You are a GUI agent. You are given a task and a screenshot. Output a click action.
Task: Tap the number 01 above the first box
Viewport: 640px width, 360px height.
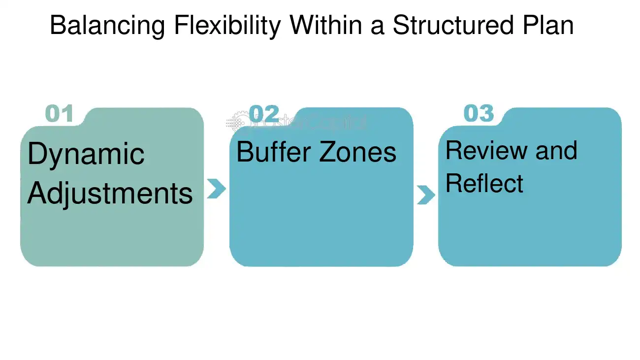point(59,114)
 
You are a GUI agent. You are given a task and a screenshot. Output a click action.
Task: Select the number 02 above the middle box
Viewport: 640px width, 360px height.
point(264,114)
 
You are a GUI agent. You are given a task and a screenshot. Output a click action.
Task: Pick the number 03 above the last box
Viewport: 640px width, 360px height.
point(479,114)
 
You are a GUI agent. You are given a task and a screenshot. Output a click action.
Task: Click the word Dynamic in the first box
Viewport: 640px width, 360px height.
point(86,154)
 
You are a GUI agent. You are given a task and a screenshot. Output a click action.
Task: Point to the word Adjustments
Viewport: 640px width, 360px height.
point(110,193)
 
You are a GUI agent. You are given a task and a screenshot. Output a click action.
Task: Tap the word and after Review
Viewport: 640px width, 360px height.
point(556,150)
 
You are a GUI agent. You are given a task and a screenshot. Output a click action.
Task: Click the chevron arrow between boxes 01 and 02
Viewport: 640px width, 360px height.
point(216,188)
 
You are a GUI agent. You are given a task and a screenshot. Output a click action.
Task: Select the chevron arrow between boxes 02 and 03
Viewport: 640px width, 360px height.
point(425,195)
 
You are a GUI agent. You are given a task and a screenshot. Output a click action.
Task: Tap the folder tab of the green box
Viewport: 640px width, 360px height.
point(143,116)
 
